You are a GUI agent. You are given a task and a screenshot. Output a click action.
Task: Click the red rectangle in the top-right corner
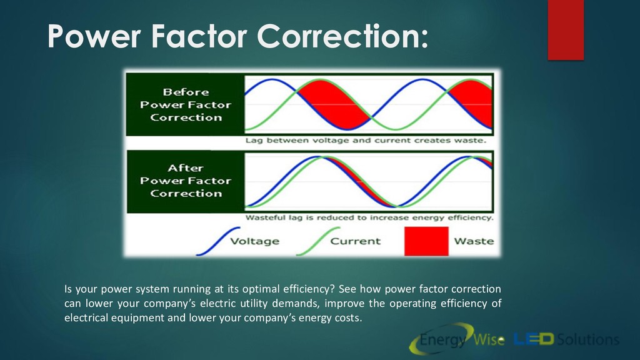click(566, 30)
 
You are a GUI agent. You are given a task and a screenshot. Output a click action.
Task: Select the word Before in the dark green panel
click(186, 92)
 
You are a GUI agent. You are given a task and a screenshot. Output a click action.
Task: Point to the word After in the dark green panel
click(186, 168)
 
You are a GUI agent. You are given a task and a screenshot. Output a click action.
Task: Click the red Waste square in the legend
click(426, 241)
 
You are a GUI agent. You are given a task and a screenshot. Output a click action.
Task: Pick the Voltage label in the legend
click(255, 241)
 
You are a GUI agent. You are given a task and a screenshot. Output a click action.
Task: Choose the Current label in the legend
click(355, 241)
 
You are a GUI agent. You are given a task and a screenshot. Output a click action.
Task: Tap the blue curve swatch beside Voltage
click(218, 242)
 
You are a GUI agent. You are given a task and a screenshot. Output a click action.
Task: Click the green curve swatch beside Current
click(318, 242)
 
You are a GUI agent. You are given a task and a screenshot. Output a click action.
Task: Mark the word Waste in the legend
click(474, 241)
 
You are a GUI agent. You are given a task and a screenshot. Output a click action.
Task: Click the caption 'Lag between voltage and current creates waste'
click(366, 141)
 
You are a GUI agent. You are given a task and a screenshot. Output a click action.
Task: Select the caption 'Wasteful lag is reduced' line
click(369, 217)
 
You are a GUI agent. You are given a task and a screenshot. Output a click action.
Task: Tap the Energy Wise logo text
click(461, 339)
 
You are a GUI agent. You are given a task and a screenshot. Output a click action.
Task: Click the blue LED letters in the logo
click(534, 339)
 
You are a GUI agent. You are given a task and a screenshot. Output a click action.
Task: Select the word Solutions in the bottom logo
click(588, 339)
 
